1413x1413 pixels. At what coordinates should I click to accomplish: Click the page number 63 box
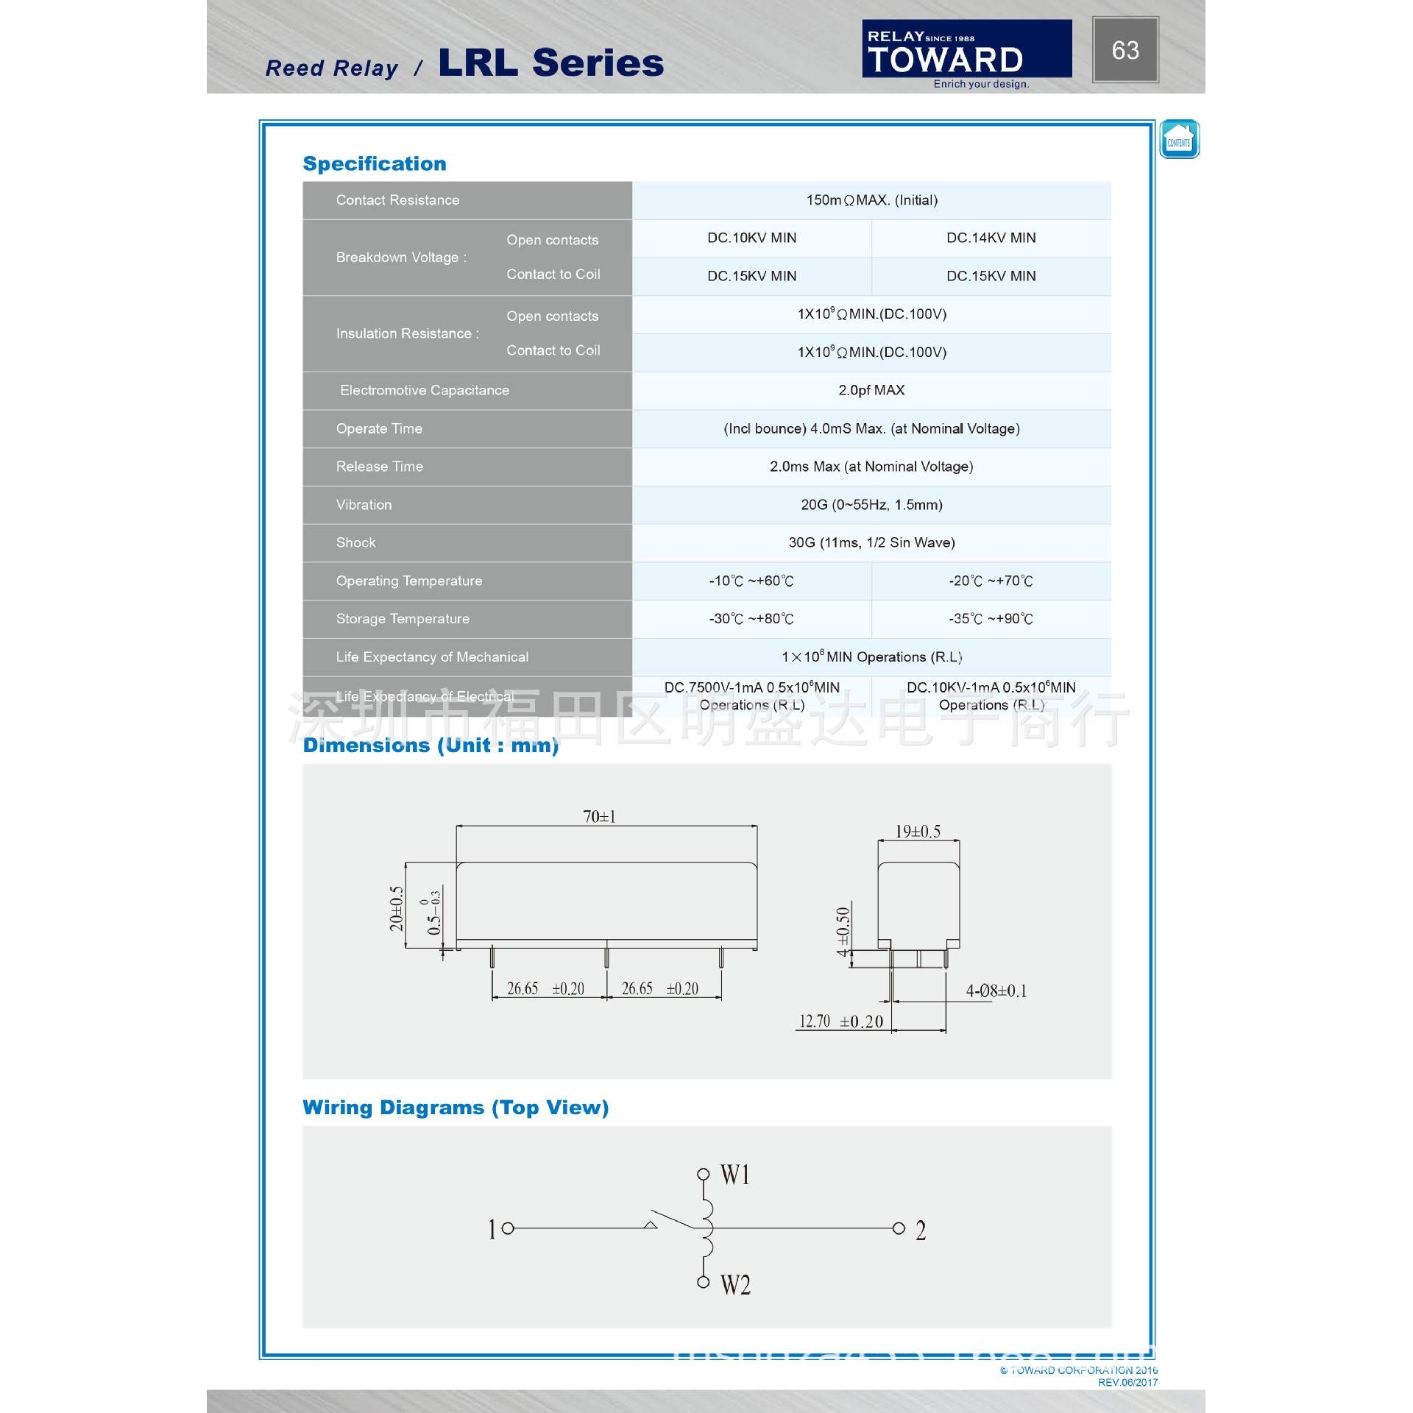(x=1125, y=50)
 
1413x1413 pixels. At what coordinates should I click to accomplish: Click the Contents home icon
(x=1179, y=139)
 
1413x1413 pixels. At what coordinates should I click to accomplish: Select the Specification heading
(x=375, y=163)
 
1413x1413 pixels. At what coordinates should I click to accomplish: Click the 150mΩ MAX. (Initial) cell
(x=871, y=200)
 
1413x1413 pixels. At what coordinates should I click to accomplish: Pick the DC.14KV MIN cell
(x=991, y=238)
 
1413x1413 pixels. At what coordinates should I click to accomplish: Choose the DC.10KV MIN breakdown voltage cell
(x=751, y=238)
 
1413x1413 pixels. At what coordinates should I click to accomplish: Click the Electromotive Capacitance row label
(x=424, y=390)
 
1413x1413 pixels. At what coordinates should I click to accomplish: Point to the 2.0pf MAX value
(x=871, y=390)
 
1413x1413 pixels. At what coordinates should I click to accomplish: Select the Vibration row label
(x=364, y=505)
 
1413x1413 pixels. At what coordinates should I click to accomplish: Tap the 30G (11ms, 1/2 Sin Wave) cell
(x=871, y=542)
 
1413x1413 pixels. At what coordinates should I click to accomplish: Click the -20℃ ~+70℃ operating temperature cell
(x=991, y=581)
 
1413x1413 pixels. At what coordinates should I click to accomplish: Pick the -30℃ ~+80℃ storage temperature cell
(x=751, y=619)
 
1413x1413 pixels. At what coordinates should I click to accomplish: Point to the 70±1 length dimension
(x=599, y=816)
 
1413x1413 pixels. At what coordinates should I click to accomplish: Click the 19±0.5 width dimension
(x=918, y=832)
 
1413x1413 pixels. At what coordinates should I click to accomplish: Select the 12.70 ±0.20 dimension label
(x=840, y=1021)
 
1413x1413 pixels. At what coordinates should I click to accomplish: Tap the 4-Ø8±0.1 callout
(x=996, y=991)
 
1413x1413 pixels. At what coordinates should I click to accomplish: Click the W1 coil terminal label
(x=735, y=1175)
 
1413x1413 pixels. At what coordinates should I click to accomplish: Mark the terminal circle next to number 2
(x=898, y=1228)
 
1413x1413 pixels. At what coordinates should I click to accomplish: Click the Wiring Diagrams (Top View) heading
(x=456, y=1108)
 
